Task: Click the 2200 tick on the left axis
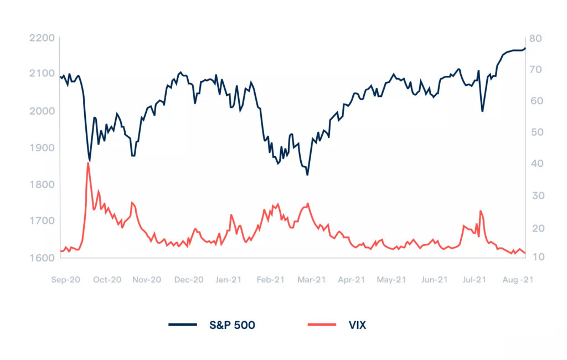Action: (42, 38)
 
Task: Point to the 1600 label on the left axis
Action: (42, 258)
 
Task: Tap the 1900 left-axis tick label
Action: (42, 148)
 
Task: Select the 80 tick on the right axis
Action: (535, 38)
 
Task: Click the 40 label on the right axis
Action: (537, 163)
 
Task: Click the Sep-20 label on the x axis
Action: (65, 280)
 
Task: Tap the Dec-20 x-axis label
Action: (189, 280)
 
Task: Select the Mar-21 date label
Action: (312, 280)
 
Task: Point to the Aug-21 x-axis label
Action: (518, 280)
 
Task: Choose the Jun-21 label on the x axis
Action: (434, 280)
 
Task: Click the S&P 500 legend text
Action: (232, 325)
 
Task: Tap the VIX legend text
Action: (357, 325)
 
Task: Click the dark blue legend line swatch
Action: (183, 325)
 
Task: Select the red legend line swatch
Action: (322, 325)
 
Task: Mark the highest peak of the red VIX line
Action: (88, 163)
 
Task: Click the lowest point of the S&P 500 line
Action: (307, 175)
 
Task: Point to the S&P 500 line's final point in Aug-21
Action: (525, 48)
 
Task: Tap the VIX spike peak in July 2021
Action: (481, 211)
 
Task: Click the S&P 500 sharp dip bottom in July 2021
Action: (482, 111)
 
